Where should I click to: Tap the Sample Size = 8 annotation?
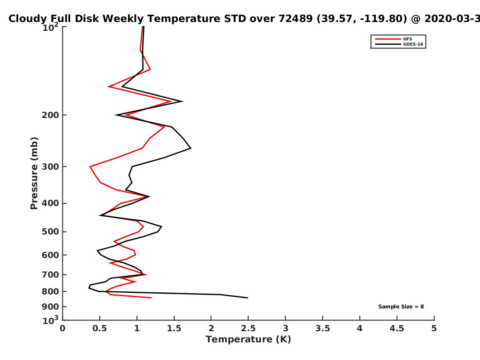(x=401, y=307)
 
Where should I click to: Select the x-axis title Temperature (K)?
(x=248, y=340)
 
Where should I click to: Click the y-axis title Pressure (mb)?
(x=34, y=173)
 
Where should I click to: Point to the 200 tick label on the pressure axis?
(x=50, y=115)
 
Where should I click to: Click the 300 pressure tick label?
(x=50, y=167)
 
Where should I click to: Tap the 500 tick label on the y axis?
(x=50, y=232)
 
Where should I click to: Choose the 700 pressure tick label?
(x=50, y=274)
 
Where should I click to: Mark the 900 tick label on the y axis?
(x=50, y=307)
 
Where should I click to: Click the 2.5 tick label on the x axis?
(x=248, y=328)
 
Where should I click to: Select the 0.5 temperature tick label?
(x=100, y=328)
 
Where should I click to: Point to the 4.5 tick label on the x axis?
(x=397, y=328)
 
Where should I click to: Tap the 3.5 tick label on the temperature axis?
(x=322, y=328)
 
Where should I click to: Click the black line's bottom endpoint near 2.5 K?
(x=248, y=298)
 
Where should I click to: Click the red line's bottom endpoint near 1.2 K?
(x=151, y=298)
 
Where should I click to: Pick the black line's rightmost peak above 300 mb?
(x=191, y=148)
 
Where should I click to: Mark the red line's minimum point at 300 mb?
(x=90, y=166)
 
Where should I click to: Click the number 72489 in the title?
(x=296, y=19)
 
